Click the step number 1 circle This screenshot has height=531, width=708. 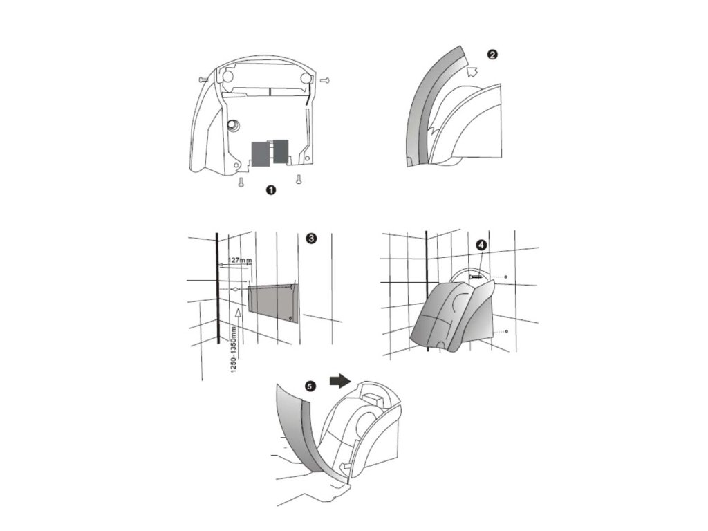coord(270,189)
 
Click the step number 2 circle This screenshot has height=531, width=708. coord(492,55)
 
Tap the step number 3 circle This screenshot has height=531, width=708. coord(311,239)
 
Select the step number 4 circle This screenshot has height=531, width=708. coord(481,244)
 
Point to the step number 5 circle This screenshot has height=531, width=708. coord(310,386)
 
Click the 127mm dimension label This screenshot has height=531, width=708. coord(239,260)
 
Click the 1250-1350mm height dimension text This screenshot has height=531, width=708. coord(234,349)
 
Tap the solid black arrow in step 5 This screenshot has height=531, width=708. coord(340,381)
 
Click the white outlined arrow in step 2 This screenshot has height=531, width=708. coord(472,71)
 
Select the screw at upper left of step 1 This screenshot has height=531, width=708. coord(203,80)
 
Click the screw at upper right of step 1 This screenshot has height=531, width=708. coord(325,81)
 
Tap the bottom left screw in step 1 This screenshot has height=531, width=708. coord(241,183)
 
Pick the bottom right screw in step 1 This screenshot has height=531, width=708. coord(298,179)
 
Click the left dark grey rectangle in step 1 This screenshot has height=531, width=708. coord(260,154)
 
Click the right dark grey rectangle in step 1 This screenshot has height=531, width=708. coord(281,151)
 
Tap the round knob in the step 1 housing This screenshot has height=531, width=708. coord(232,124)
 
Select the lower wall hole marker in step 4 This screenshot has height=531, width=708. coord(506,331)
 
